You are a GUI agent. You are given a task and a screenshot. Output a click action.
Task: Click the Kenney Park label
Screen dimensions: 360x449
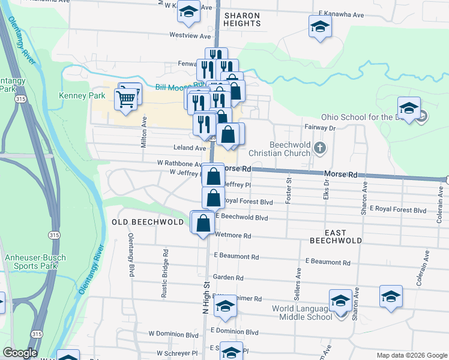point(82,95)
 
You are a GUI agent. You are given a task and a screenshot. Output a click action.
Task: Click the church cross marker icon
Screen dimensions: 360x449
point(321,148)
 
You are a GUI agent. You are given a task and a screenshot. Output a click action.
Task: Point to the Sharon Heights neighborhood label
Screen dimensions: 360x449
point(243,19)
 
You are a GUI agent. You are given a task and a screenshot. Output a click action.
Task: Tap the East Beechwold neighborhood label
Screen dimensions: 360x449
point(336,236)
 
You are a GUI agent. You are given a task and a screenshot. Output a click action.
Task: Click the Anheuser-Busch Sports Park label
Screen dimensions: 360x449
point(35,262)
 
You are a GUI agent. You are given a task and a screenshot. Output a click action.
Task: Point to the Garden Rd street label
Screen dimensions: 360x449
point(231,278)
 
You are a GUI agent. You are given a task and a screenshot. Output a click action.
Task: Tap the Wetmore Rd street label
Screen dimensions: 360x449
point(233,236)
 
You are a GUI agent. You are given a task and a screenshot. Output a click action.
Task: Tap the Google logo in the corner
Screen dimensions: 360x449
point(20,353)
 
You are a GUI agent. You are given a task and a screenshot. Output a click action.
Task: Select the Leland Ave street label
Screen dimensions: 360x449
point(190,148)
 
